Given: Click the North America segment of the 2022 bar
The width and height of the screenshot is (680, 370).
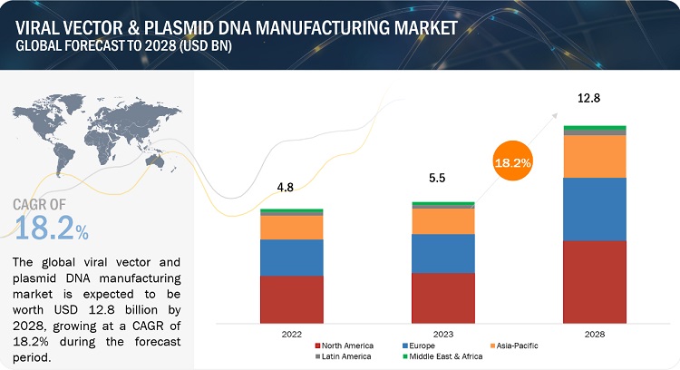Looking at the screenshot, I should tap(292, 299).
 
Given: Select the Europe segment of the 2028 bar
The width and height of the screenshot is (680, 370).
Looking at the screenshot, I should tap(595, 209).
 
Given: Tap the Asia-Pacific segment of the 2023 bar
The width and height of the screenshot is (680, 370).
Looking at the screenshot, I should tap(442, 221).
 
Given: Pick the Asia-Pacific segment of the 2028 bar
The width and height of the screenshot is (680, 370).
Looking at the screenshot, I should tap(595, 156).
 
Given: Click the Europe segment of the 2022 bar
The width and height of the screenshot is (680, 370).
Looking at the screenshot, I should tap(292, 258).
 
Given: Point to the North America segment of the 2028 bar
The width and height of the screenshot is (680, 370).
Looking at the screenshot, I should tap(595, 281).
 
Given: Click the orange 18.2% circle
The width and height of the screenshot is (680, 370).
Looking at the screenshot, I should tap(513, 164).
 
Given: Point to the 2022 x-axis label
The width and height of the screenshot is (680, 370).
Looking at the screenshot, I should tap(291, 334).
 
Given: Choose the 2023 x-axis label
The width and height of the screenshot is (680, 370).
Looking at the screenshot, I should tap(442, 334).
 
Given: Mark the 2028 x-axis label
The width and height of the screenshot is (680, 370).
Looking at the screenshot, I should tap(595, 334).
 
